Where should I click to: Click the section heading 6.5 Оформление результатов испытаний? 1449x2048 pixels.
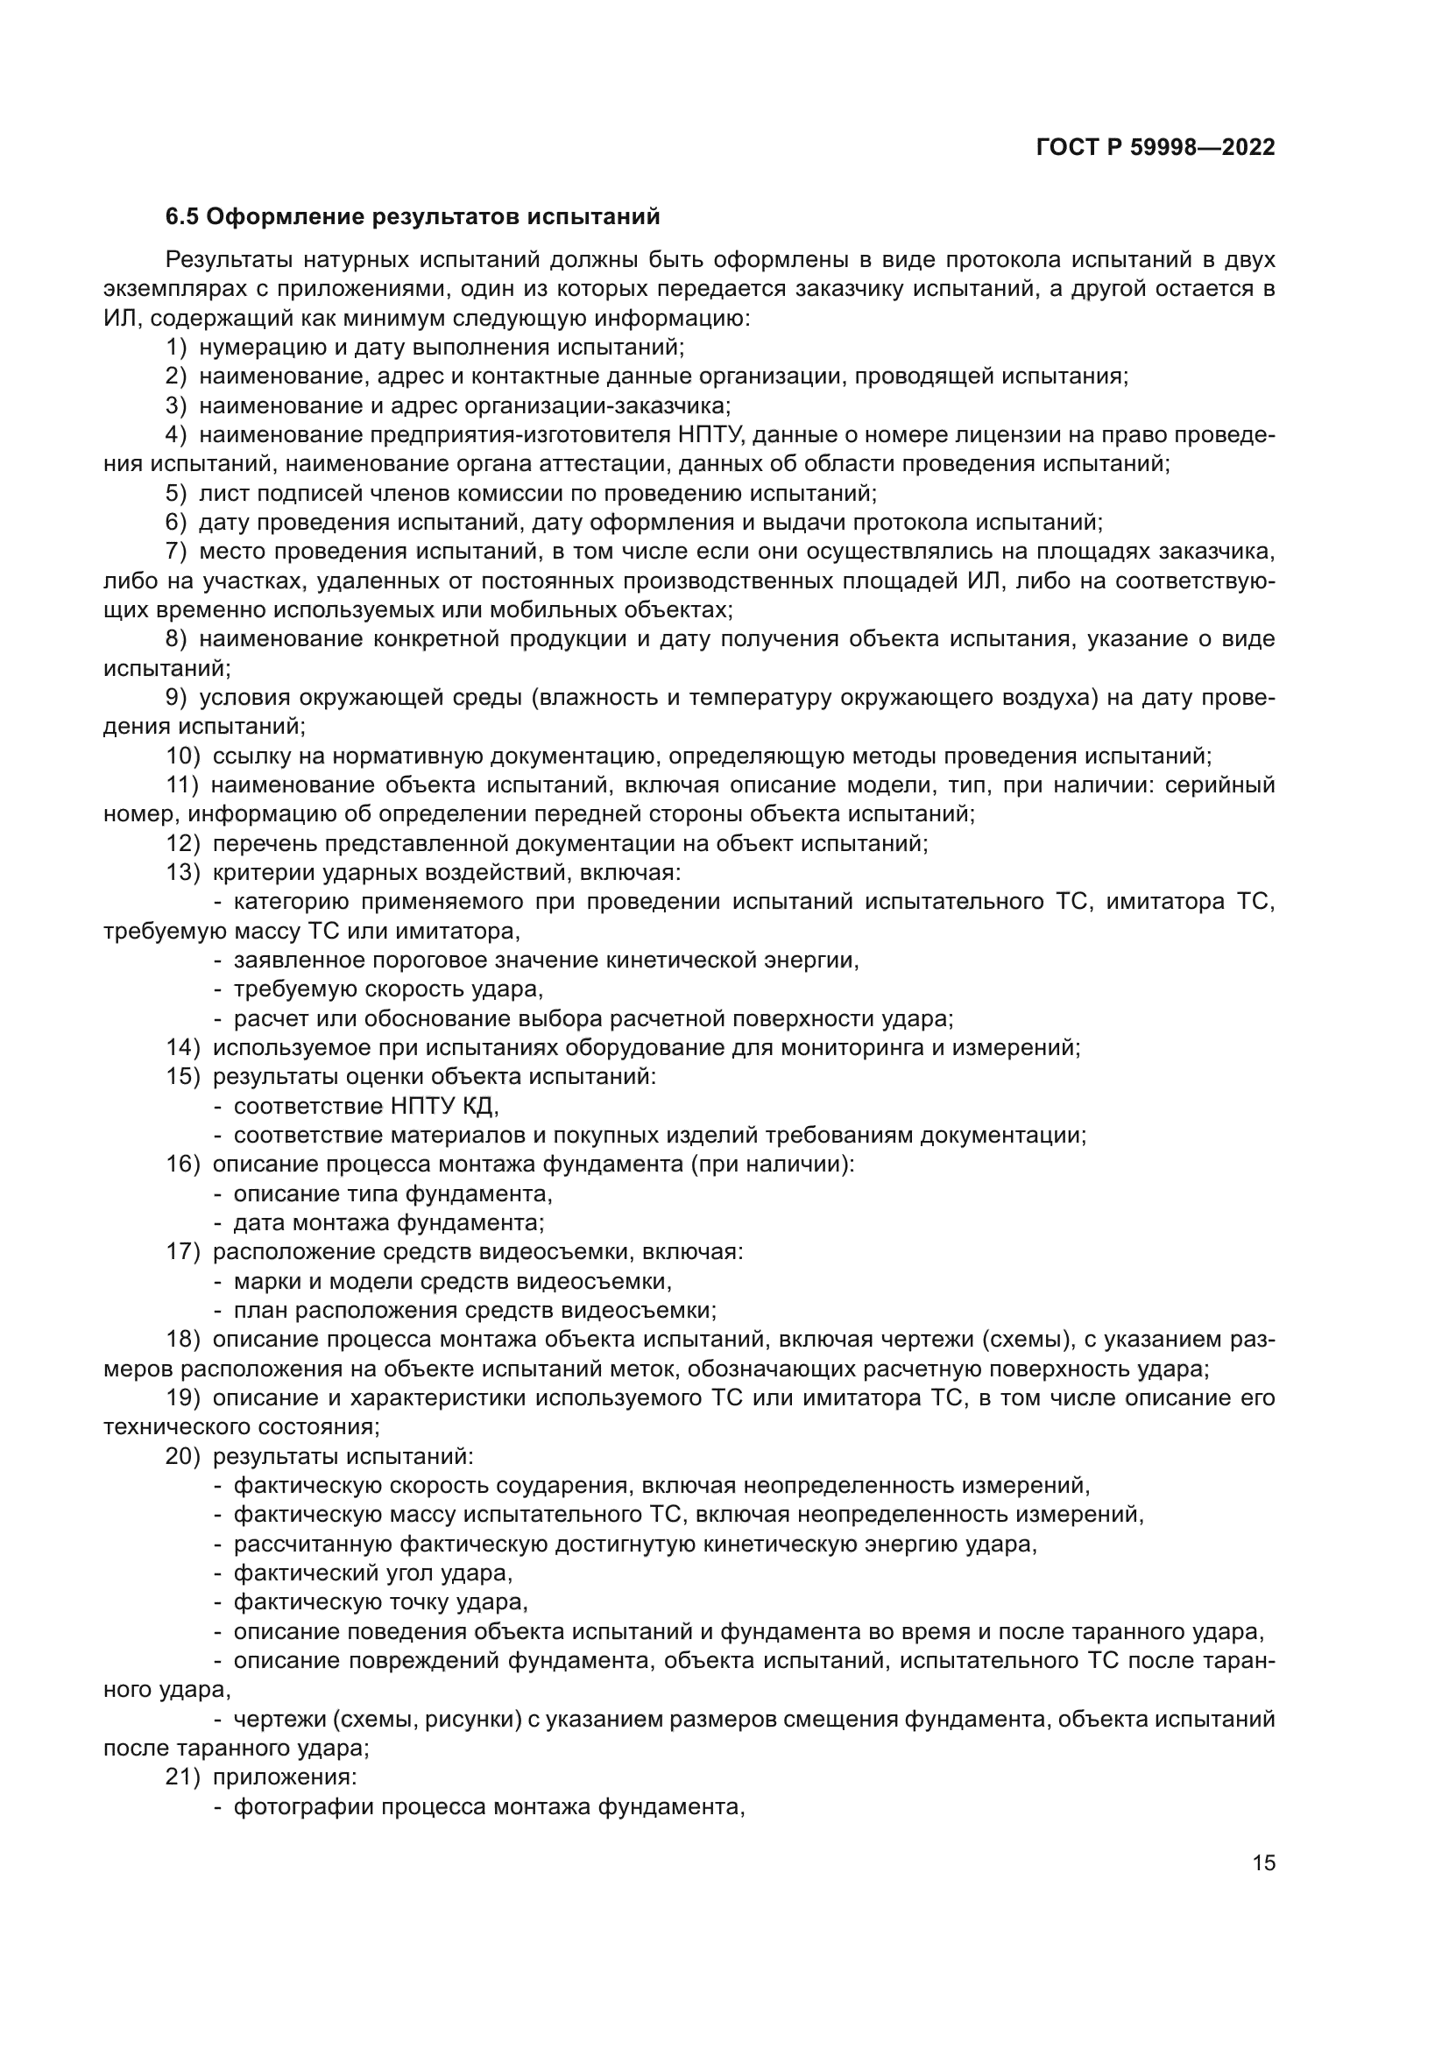(413, 217)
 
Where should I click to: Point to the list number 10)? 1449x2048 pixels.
(183, 757)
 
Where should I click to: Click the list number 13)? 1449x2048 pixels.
(183, 872)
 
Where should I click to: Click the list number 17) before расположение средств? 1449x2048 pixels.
(183, 1251)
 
